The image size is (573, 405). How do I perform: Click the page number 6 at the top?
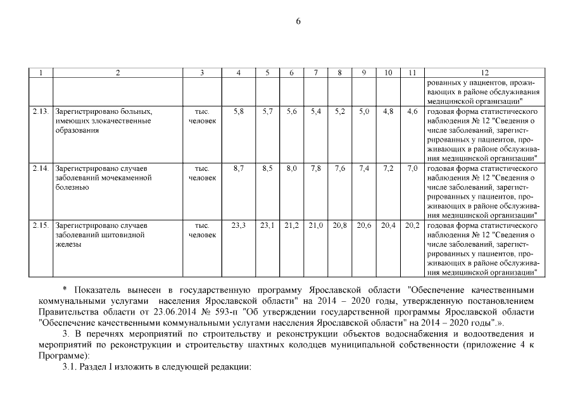(x=298, y=21)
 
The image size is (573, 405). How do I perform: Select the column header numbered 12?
(x=485, y=73)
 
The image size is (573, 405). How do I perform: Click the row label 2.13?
(x=41, y=111)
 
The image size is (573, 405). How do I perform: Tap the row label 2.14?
(x=41, y=169)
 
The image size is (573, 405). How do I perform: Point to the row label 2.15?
(x=41, y=226)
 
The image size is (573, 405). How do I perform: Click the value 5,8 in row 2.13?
(x=239, y=111)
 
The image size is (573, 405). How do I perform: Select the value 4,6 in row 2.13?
(x=412, y=111)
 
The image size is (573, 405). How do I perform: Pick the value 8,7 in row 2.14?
(x=239, y=169)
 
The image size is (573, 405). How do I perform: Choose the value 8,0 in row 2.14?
(x=291, y=169)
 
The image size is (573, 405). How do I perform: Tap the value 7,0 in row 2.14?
(x=412, y=169)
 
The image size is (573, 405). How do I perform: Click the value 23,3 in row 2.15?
(x=239, y=226)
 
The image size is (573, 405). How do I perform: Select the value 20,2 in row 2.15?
(x=412, y=226)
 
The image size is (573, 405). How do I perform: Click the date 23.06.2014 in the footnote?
(x=175, y=312)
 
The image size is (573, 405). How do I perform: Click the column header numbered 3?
(x=202, y=73)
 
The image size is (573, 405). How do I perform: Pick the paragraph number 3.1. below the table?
(x=70, y=368)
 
